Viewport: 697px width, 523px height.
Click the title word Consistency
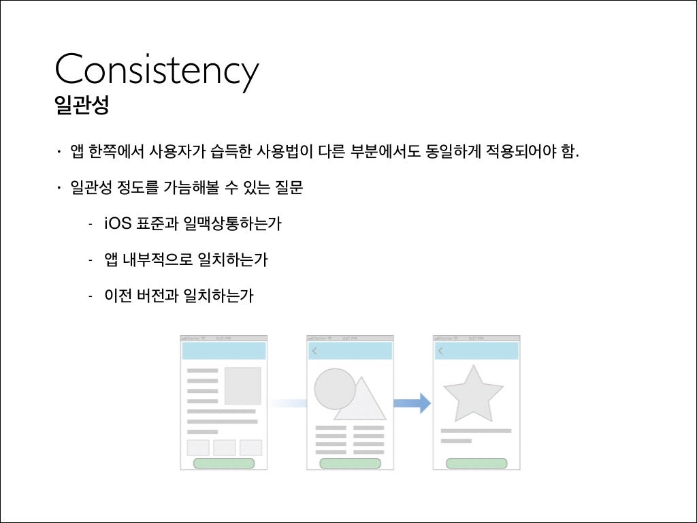coord(157,69)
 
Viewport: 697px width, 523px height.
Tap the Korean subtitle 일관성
coord(81,106)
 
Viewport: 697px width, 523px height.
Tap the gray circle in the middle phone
coord(334,389)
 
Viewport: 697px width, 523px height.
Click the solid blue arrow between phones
coord(412,402)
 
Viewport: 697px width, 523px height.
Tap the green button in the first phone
coord(224,463)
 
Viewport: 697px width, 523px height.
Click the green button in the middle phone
coord(350,463)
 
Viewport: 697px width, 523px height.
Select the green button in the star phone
coord(476,463)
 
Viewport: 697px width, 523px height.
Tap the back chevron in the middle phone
coord(314,351)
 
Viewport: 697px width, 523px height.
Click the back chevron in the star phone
coord(441,351)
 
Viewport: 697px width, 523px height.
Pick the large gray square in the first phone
coord(242,386)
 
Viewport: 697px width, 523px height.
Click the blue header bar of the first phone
coord(223,351)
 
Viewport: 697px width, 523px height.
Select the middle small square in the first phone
coord(224,447)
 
